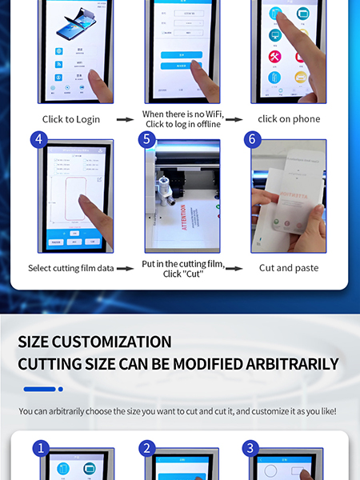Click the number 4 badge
click(38, 139)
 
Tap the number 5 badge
click(145, 139)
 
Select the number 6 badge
click(252, 139)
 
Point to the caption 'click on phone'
click(289, 119)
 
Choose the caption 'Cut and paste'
click(289, 268)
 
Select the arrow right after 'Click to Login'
click(124, 119)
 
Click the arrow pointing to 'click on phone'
click(234, 119)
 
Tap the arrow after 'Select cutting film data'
click(124, 268)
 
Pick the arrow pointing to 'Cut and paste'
click(234, 268)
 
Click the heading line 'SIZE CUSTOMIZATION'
click(94, 342)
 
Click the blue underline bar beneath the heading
click(39, 390)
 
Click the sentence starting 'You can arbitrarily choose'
click(178, 412)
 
